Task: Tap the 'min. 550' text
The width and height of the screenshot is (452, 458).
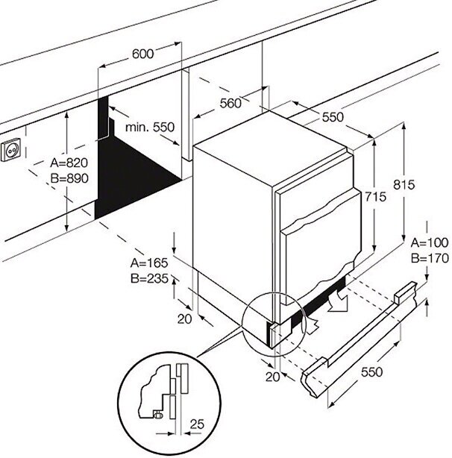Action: click(x=149, y=128)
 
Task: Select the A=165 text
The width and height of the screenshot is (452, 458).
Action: click(x=149, y=263)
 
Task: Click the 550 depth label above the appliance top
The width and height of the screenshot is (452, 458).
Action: click(x=333, y=116)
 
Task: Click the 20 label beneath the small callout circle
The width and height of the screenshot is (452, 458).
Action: click(x=272, y=377)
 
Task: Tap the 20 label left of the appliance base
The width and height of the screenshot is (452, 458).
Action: click(x=186, y=319)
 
